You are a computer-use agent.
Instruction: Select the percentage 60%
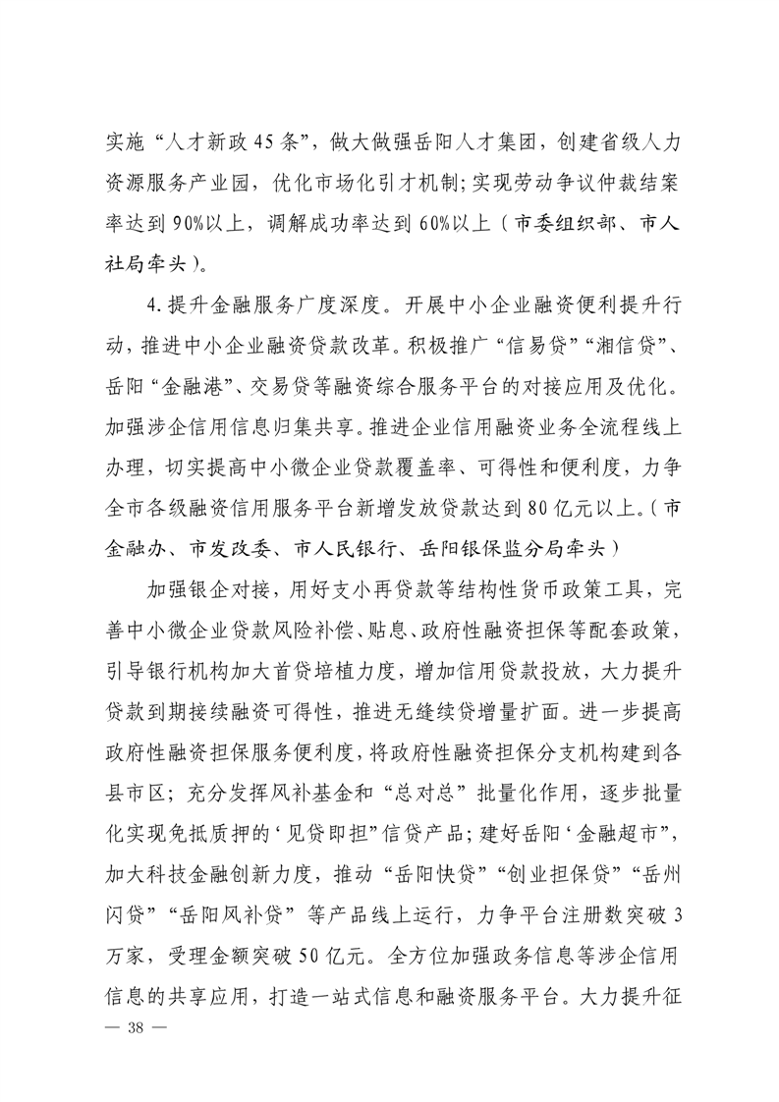[445, 223]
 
